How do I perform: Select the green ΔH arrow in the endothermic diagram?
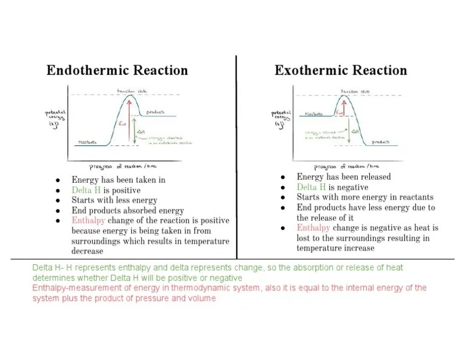(x=135, y=131)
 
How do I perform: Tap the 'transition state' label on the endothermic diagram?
(x=131, y=91)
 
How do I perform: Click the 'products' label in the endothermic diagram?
(x=156, y=112)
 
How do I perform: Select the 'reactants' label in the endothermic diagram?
(x=87, y=143)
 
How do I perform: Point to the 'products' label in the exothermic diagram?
(x=381, y=142)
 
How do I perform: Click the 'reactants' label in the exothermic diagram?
(x=313, y=113)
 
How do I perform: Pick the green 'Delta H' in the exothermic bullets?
(x=310, y=187)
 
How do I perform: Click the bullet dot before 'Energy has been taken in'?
(x=58, y=180)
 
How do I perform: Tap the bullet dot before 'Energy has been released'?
(x=283, y=177)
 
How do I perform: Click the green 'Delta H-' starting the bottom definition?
(x=49, y=267)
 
